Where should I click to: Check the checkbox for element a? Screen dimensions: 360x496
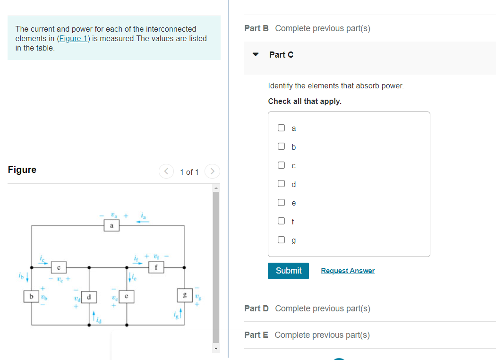[x=282, y=128]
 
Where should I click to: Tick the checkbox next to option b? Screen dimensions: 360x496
[x=282, y=146]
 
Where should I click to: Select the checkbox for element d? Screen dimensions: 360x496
[x=282, y=184]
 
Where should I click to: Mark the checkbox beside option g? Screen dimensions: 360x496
[x=282, y=240]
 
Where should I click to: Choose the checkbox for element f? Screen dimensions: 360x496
[x=282, y=221]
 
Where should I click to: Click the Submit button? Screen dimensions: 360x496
[x=288, y=271]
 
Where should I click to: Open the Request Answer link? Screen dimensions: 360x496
[x=348, y=271]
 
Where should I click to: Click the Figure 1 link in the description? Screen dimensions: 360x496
[x=72, y=38]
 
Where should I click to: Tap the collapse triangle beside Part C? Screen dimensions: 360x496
[x=256, y=54]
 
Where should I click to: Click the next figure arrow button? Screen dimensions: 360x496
[x=213, y=171]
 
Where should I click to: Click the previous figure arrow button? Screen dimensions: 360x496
[x=166, y=171]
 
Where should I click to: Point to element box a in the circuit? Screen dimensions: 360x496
[x=111, y=226]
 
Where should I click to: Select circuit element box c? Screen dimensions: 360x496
[x=58, y=268]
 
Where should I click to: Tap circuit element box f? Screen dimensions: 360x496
[x=156, y=267]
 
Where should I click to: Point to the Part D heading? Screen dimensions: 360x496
[x=257, y=309]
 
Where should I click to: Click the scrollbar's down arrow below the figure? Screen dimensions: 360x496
[x=216, y=349]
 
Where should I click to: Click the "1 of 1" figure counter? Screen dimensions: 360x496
[x=189, y=172]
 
